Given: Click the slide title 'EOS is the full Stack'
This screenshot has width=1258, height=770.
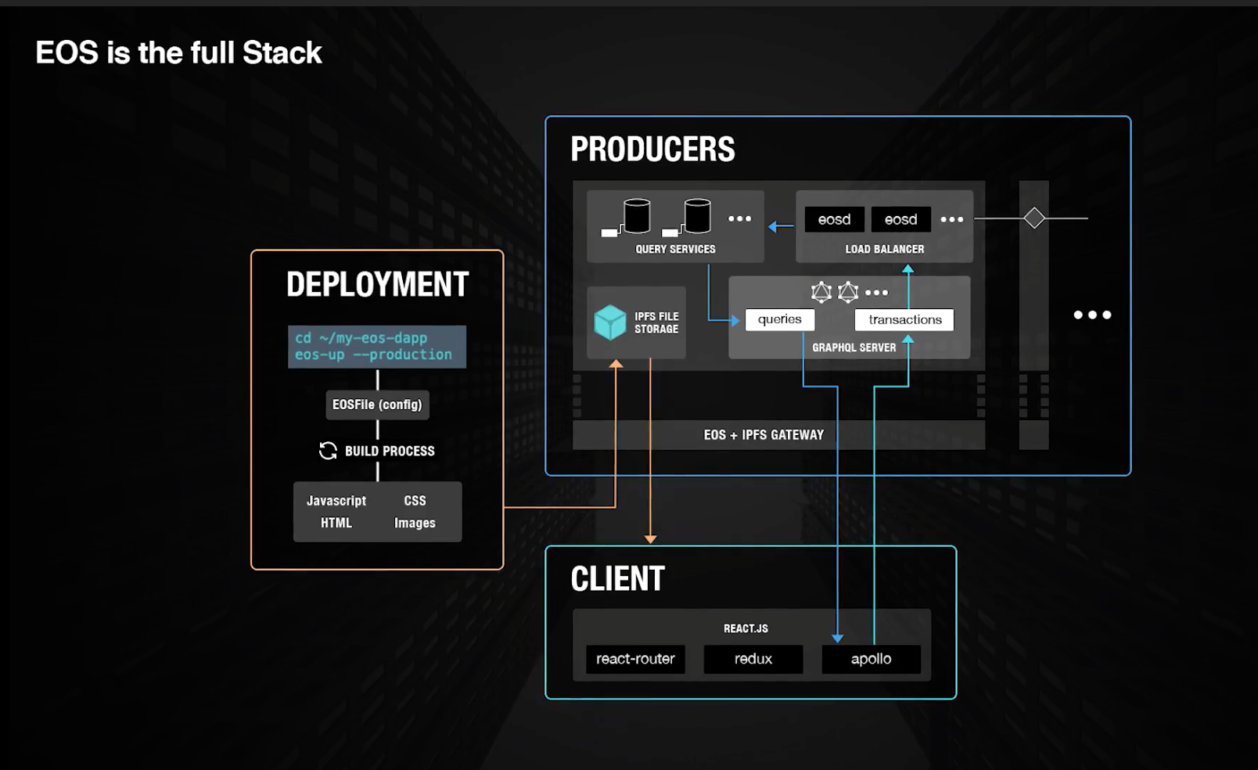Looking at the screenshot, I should (178, 53).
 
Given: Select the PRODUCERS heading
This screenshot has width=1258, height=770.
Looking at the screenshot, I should (652, 149).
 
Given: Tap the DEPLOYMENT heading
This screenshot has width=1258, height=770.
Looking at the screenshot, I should (377, 284).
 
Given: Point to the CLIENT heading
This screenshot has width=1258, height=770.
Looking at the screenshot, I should (617, 579).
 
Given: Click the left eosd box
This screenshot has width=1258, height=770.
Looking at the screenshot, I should (834, 220).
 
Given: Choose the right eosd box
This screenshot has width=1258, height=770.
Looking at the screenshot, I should (900, 220).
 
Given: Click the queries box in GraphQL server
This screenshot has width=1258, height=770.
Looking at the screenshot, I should (779, 319).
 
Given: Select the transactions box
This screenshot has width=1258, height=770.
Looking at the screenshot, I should (904, 319).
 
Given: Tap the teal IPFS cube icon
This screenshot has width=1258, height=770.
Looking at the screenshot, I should (610, 322).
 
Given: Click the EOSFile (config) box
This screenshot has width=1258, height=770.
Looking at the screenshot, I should (377, 405).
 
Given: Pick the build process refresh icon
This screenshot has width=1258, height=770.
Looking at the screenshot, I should (328, 451).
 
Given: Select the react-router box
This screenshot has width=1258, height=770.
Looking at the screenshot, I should (635, 659).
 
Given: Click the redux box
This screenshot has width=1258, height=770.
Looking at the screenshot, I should (753, 659).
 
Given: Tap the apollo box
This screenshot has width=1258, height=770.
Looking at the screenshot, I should (871, 659).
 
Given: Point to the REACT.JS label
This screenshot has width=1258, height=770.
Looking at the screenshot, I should (746, 628).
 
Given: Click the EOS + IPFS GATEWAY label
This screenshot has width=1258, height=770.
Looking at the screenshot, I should (764, 435).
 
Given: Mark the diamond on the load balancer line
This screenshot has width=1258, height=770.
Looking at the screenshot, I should (1034, 218).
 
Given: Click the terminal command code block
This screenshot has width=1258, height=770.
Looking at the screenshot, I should (377, 347).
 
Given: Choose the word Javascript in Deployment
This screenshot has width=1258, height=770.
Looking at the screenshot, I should (336, 501).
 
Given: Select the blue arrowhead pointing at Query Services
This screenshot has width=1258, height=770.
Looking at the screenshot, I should (773, 227).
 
